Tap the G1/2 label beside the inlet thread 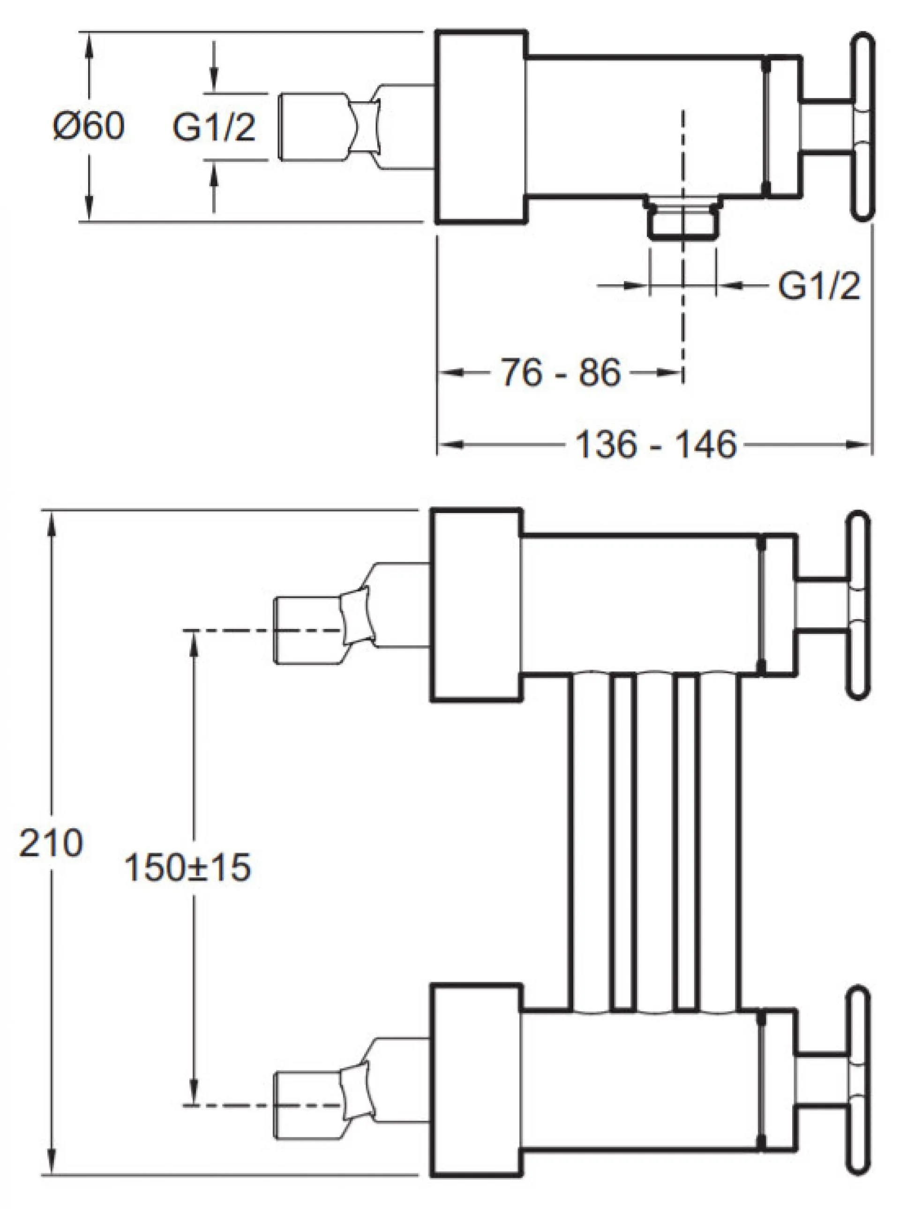pos(214,128)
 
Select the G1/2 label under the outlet pos(819,286)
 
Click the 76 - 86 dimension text pos(561,373)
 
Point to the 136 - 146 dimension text pos(656,444)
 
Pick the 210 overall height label pos(51,843)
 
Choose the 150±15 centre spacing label pos(187,867)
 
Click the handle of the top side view pos(862,128)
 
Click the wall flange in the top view pos(482,128)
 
